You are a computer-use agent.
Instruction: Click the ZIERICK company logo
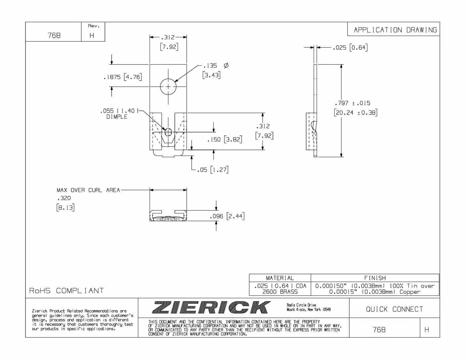[211, 307]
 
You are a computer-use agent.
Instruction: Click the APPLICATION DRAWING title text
[395, 30]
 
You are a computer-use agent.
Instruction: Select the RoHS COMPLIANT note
[67, 291]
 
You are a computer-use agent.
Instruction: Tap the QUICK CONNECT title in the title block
[394, 309]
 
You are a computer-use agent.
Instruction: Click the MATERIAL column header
[280, 278]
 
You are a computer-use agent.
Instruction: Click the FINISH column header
[375, 278]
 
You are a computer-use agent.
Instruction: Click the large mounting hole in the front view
[168, 87]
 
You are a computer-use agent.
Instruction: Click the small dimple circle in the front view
[168, 132]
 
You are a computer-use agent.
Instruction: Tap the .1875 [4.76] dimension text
[122, 77]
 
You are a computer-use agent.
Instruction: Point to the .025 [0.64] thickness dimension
[350, 47]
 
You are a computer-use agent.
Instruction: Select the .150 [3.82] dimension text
[224, 139]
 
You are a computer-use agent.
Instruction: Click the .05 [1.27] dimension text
[212, 170]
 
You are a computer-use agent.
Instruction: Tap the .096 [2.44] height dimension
[227, 216]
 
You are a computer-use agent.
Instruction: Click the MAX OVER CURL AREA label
[88, 190]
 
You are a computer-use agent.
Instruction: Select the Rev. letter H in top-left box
[92, 35]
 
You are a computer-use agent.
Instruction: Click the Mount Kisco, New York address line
[308, 309]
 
